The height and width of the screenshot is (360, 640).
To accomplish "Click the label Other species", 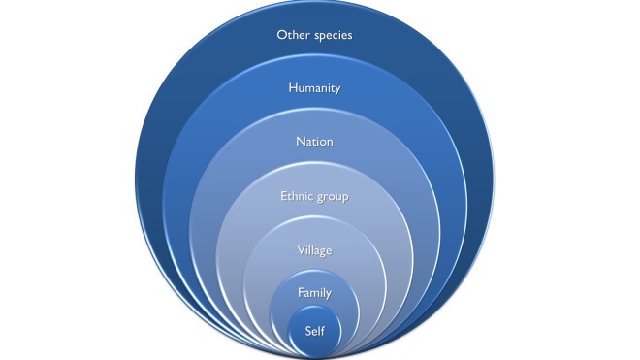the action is pos(313,35).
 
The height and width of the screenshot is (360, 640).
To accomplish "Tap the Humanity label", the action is pos(313,88).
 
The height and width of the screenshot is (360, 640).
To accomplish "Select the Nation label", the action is pos(313,142).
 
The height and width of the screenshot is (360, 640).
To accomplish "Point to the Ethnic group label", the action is pos(313,197).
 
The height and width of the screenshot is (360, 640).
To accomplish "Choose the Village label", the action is pos(313,250).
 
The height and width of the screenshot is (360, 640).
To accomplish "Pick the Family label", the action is pos(313,291).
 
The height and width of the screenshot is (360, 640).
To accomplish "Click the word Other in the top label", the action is pos(292,35).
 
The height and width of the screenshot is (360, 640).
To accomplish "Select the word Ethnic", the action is pos(297,197).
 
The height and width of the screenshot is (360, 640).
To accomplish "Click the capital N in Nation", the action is pos(298,142).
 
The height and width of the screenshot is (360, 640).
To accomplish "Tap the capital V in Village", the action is pos(298,250).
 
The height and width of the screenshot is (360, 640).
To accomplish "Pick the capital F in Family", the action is pos(299,291).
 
